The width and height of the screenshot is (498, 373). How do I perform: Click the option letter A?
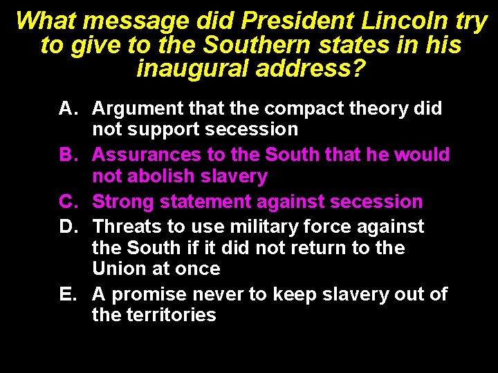coord(67,108)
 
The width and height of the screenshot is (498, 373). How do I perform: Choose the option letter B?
coord(67,155)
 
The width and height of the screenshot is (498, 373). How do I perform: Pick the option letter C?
coord(67,202)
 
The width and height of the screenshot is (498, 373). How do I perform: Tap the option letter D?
coord(67,226)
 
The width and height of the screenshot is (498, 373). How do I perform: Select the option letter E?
coord(67,294)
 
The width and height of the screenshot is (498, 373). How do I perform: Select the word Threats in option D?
coord(124,226)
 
